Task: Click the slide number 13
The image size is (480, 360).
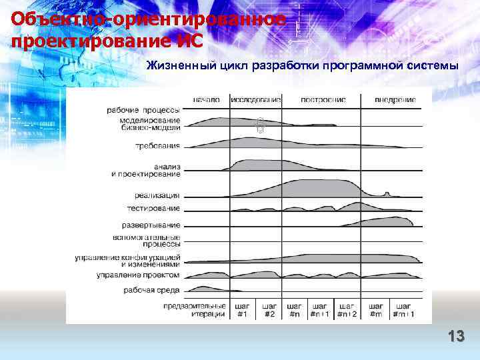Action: tap(456, 336)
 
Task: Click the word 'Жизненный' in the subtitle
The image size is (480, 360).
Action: tap(175, 66)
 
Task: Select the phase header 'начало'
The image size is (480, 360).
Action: tap(206, 99)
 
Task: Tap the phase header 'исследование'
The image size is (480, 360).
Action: tap(256, 99)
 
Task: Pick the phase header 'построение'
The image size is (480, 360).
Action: tap(323, 99)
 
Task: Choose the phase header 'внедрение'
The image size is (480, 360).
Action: tap(395, 99)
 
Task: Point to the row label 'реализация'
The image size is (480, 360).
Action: tap(157, 195)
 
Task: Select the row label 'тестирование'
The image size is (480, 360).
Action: tap(153, 208)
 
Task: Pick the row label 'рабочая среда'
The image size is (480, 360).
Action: tap(151, 290)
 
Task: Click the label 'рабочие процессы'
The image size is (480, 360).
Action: tap(143, 110)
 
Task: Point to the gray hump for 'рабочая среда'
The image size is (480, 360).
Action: tap(199, 289)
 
